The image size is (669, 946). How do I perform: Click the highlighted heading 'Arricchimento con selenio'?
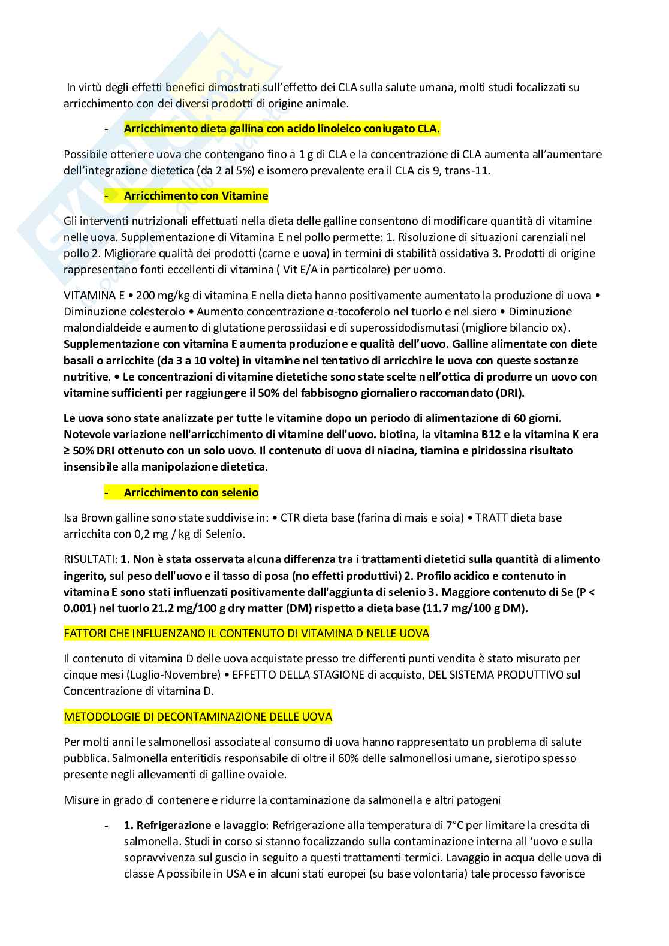[x=191, y=493]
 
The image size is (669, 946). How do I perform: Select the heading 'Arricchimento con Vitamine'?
[x=195, y=196]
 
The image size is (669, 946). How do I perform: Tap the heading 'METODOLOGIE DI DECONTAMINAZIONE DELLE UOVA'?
[x=198, y=717]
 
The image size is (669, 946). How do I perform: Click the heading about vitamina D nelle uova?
[x=246, y=634]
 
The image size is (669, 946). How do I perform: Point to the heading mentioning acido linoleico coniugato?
[x=282, y=129]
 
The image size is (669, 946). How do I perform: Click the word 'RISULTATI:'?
[x=91, y=559]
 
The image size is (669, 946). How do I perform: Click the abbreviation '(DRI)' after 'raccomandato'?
[x=510, y=393]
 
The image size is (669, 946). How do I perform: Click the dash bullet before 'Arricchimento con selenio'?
[x=107, y=493]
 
